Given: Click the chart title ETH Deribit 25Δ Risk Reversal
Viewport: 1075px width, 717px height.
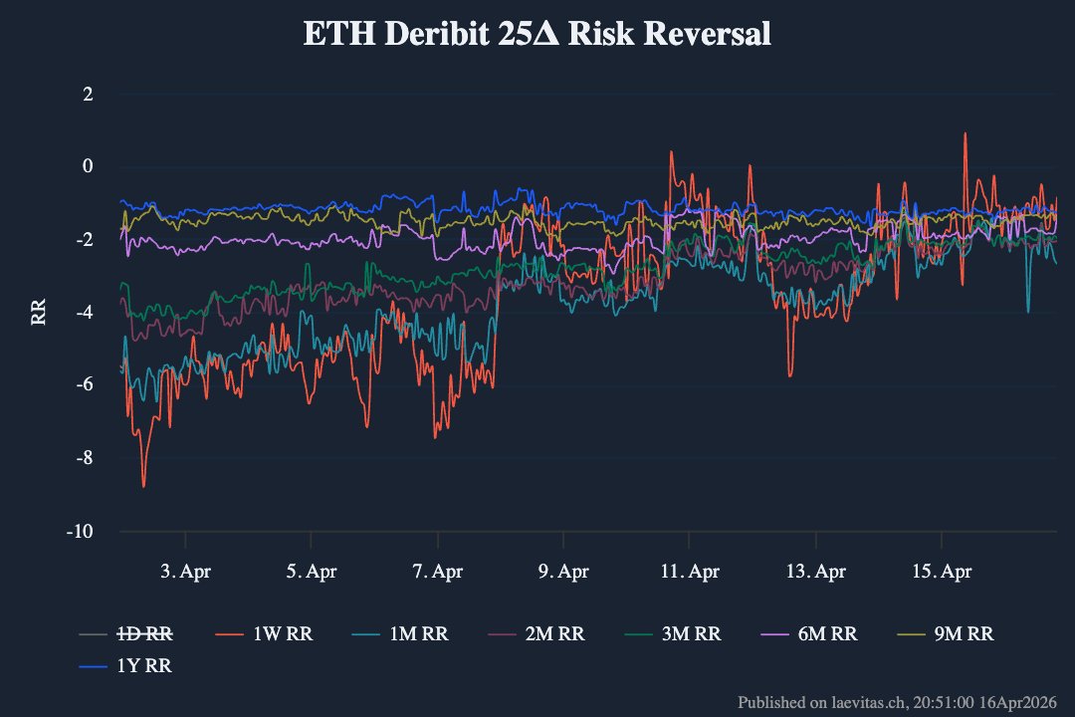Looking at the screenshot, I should [537, 34].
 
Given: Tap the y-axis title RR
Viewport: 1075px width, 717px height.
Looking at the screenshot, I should [39, 312].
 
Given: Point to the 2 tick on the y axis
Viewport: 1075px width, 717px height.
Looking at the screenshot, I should [88, 95].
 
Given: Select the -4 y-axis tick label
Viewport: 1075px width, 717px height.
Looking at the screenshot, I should [85, 313].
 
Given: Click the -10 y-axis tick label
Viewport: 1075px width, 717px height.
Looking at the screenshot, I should [81, 532].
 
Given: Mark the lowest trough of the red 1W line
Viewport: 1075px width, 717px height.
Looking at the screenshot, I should [143, 486].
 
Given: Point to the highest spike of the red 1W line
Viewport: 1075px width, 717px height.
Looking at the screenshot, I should [965, 133].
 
